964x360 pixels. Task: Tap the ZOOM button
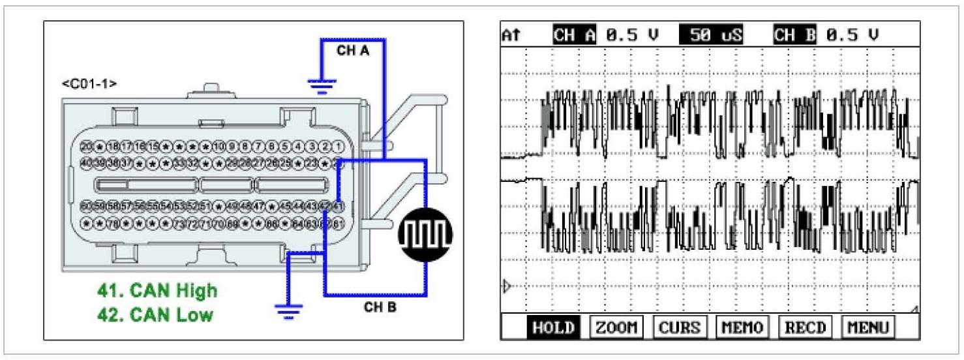pyautogui.click(x=616, y=327)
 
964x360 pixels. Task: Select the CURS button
pyautogui.click(x=680, y=327)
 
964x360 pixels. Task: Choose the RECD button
pyautogui.click(x=804, y=327)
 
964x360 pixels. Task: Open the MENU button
pyautogui.click(x=867, y=327)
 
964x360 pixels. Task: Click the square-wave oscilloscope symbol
pyautogui.click(x=425, y=232)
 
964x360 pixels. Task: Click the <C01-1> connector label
pyautogui.click(x=89, y=84)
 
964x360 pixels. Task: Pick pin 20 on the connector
pyautogui.click(x=85, y=146)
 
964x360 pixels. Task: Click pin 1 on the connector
pyautogui.click(x=339, y=146)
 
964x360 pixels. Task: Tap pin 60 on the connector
pyautogui.click(x=85, y=207)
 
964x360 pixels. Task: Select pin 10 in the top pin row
pyautogui.click(x=218, y=146)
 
